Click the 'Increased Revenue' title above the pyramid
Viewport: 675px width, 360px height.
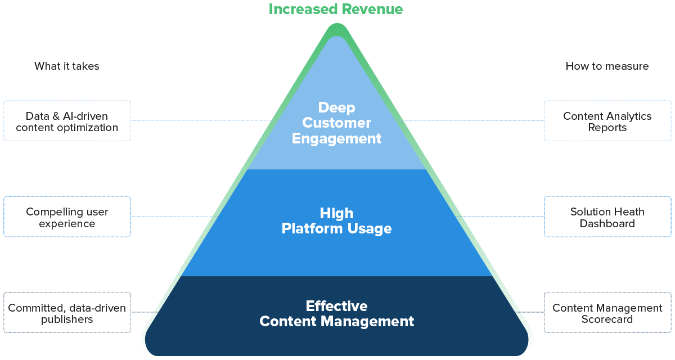pos(336,9)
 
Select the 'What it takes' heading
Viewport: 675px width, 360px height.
pos(66,66)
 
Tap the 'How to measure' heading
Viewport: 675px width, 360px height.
pos(607,66)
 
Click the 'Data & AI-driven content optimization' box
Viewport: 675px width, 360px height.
pos(67,121)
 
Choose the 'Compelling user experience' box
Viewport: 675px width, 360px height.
pos(67,217)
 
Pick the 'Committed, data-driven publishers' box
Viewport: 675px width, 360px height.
pos(67,313)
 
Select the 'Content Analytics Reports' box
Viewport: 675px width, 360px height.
pos(607,121)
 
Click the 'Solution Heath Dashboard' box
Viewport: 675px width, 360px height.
pos(607,217)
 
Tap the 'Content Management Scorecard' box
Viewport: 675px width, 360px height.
pos(607,313)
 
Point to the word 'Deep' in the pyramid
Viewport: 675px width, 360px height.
pos(336,107)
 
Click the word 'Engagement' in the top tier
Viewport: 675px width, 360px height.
pos(336,138)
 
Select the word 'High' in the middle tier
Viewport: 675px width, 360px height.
pos(336,213)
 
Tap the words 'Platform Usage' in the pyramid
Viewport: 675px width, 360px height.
pos(336,229)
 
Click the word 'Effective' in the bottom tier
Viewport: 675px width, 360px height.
pos(336,306)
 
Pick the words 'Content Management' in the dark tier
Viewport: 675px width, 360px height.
pos(336,322)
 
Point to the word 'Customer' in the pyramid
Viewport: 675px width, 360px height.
pos(336,123)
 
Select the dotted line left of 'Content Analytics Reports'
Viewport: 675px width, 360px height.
pos(472,121)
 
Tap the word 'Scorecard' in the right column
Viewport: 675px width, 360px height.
pos(607,319)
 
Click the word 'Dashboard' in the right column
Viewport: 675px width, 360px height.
pos(607,223)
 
